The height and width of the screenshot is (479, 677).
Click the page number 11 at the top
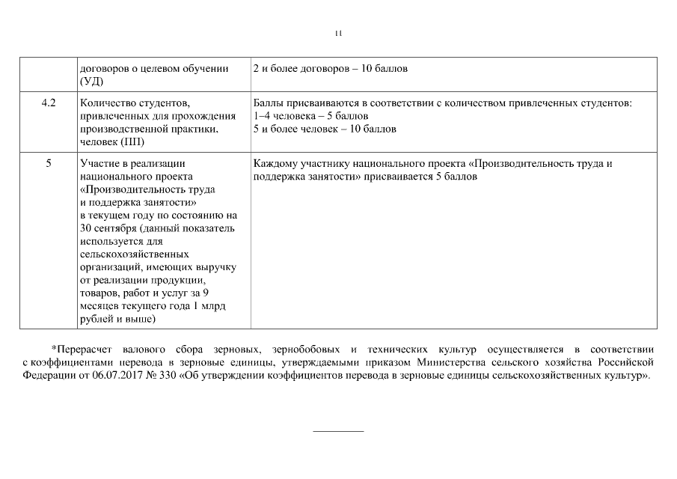tap(338, 33)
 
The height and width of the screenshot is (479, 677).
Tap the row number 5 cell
tap(49, 162)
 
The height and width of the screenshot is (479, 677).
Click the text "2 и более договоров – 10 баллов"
tap(331, 68)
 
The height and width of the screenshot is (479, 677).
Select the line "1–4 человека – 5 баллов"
tap(310, 116)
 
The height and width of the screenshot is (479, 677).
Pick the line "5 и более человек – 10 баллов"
tap(325, 129)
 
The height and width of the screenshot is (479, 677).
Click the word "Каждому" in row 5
tap(277, 162)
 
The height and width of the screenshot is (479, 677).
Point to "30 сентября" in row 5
tap(108, 228)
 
